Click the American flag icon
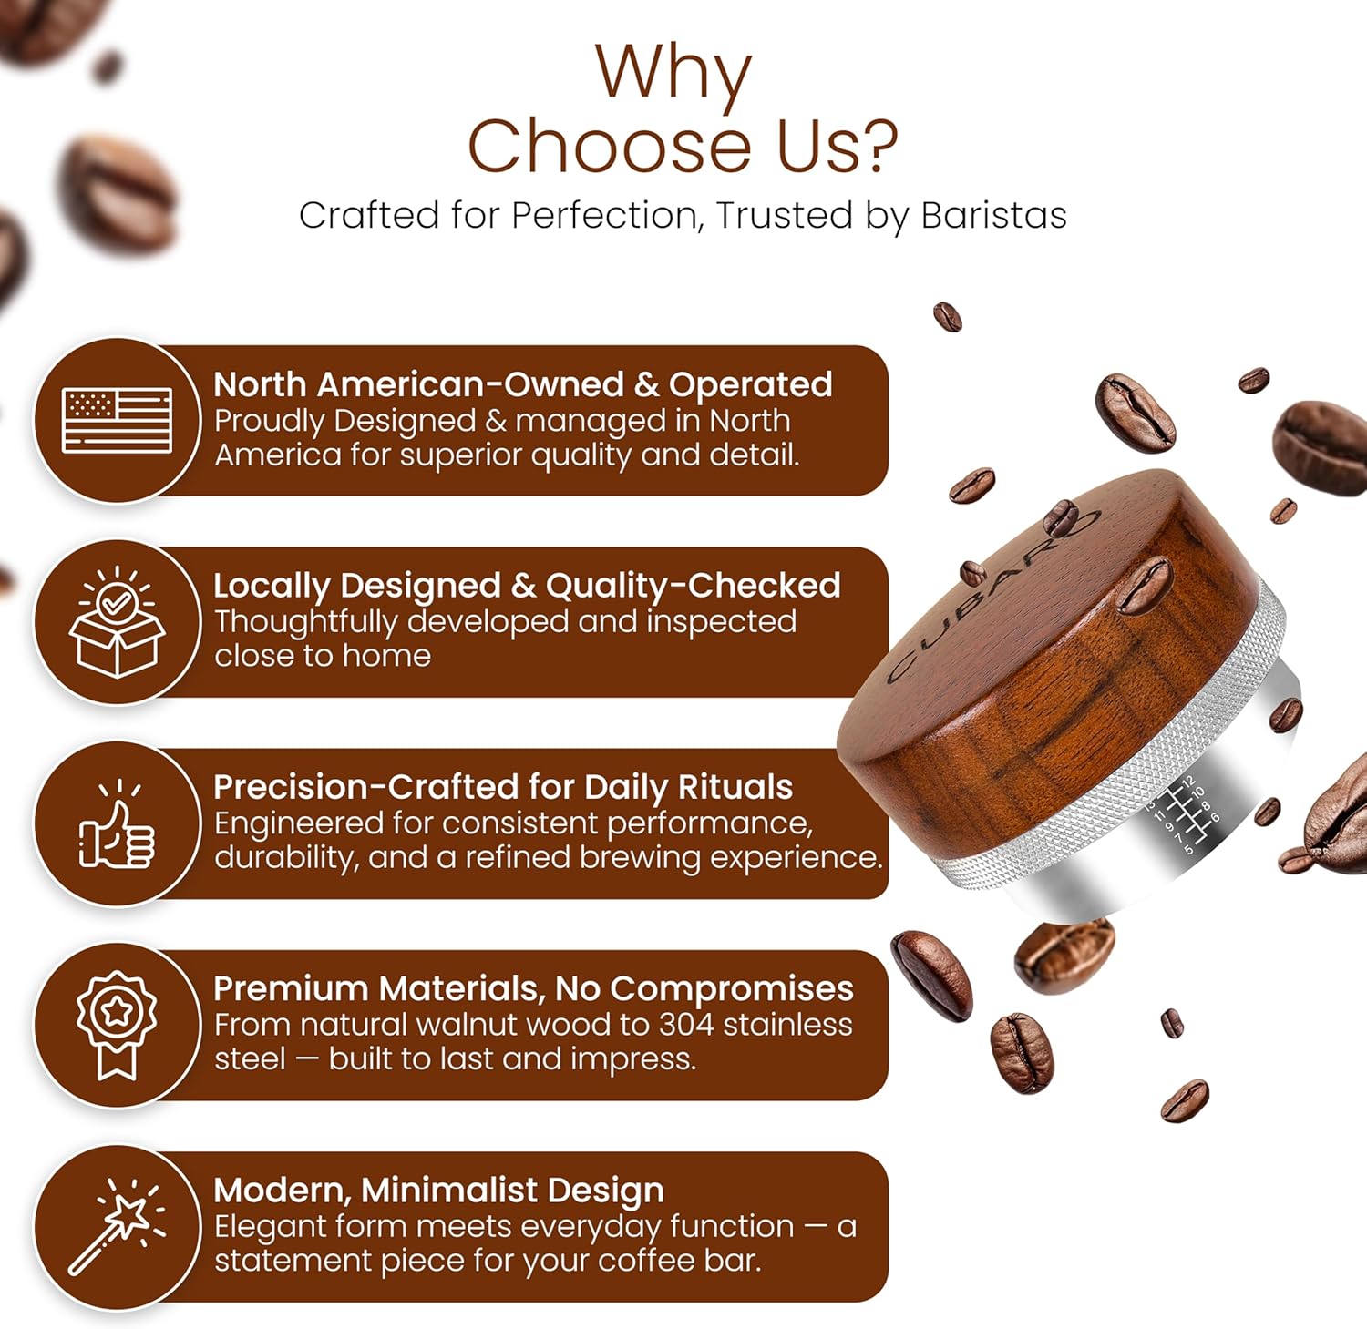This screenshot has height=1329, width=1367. tap(117, 421)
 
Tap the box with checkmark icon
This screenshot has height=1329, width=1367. tap(117, 623)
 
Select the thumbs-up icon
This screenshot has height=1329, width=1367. tap(117, 825)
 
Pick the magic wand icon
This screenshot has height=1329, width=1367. tap(117, 1226)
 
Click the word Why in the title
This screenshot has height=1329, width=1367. tap(673, 73)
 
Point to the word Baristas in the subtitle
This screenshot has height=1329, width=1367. tap(993, 216)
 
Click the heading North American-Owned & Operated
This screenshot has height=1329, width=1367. tap(522, 384)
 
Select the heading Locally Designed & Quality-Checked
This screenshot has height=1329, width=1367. tap(527, 586)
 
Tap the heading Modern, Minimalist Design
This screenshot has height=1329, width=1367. tap(438, 1190)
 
